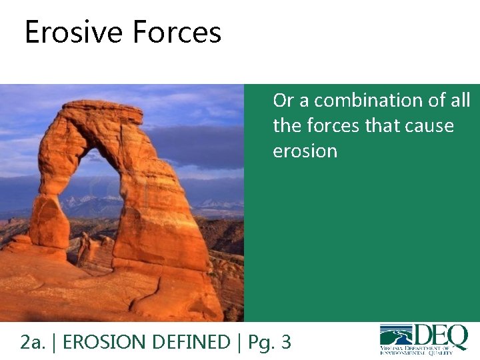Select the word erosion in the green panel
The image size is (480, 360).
click(x=305, y=151)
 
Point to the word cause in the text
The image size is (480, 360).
click(x=426, y=126)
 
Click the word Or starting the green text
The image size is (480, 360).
click(x=283, y=101)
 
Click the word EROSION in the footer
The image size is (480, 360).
click(x=107, y=342)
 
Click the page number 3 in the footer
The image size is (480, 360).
click(x=286, y=342)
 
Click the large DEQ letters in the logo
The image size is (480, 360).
click(x=441, y=336)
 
